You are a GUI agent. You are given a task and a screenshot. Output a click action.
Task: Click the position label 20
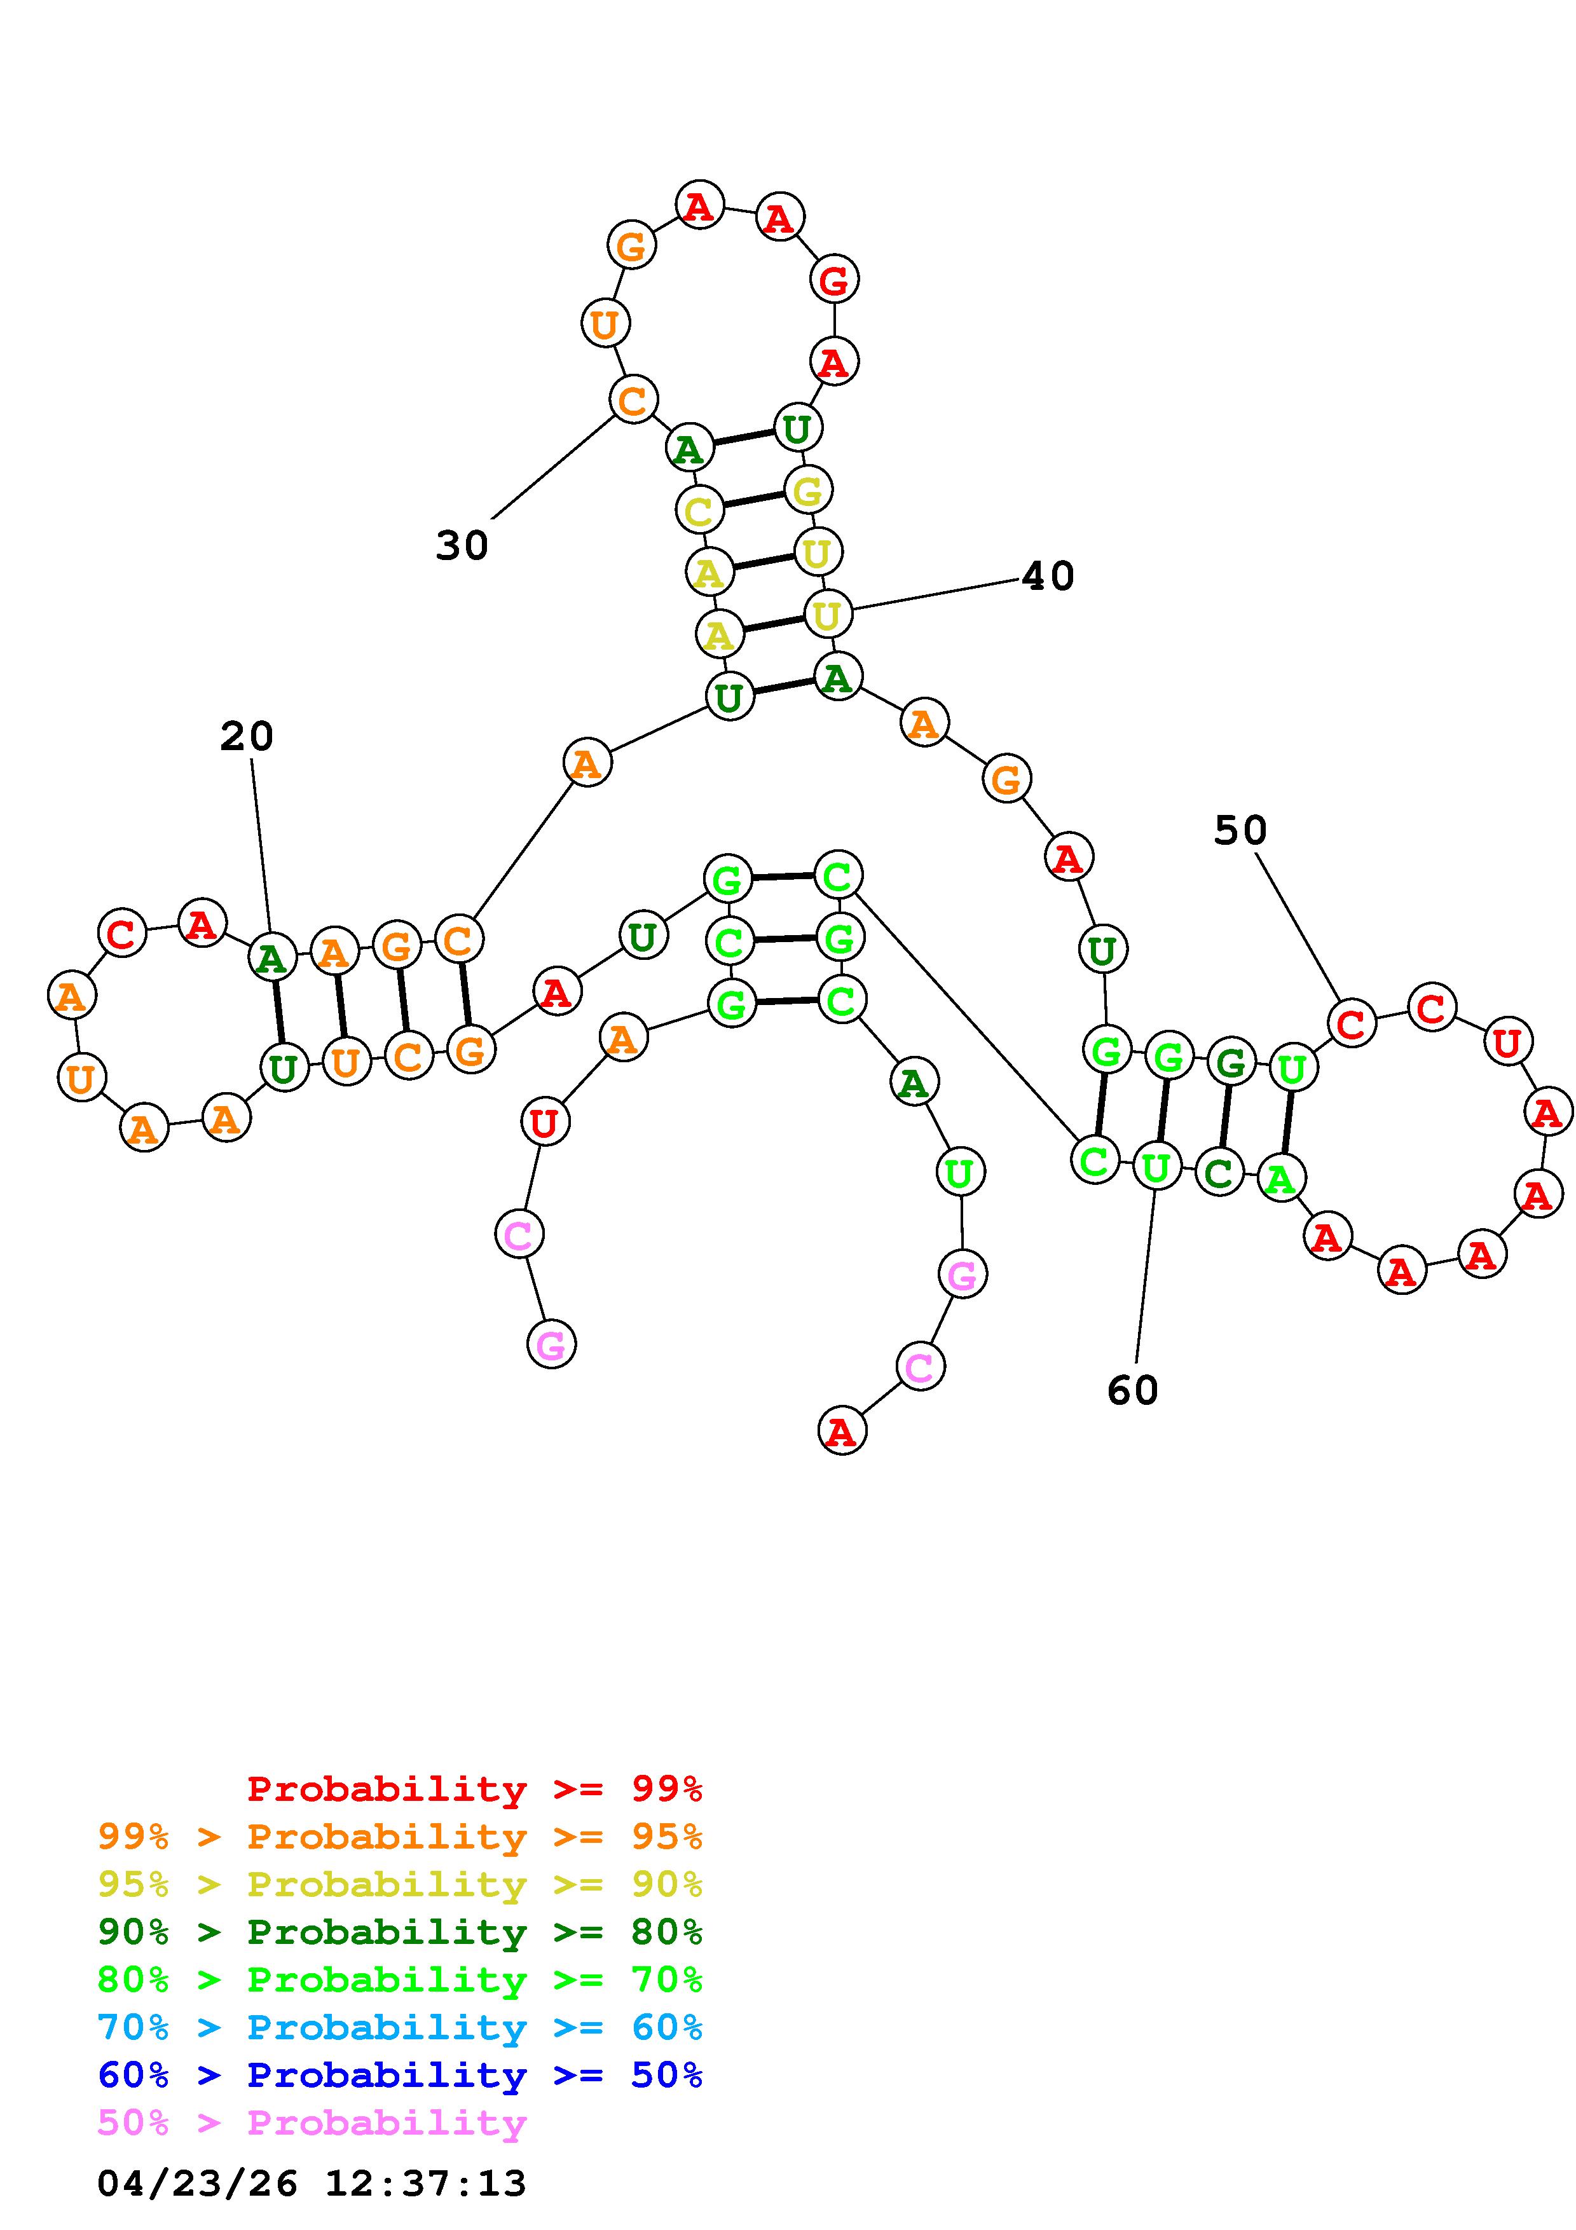(x=247, y=736)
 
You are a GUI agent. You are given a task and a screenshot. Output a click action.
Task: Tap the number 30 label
(x=462, y=546)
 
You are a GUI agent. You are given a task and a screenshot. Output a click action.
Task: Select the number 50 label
(x=1240, y=830)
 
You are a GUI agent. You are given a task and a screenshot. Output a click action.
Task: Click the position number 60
(x=1132, y=1391)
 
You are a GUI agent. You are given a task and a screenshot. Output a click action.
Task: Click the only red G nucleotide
(x=833, y=281)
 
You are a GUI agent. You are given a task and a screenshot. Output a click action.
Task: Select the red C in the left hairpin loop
(x=121, y=933)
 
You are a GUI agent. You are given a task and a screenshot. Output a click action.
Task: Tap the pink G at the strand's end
(x=551, y=1345)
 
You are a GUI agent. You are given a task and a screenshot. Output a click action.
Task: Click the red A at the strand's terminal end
(x=841, y=1432)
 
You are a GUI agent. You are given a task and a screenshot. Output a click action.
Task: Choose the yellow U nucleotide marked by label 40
(x=827, y=614)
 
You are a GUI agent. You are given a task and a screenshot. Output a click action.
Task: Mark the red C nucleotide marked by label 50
(x=1351, y=1023)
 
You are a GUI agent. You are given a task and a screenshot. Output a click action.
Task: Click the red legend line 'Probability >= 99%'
(x=475, y=1788)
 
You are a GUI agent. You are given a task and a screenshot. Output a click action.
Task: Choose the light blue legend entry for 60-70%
(x=400, y=2027)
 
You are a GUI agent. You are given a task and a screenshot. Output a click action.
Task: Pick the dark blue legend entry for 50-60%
(x=400, y=2075)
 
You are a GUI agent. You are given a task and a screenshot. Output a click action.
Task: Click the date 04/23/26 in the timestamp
(x=197, y=2184)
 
